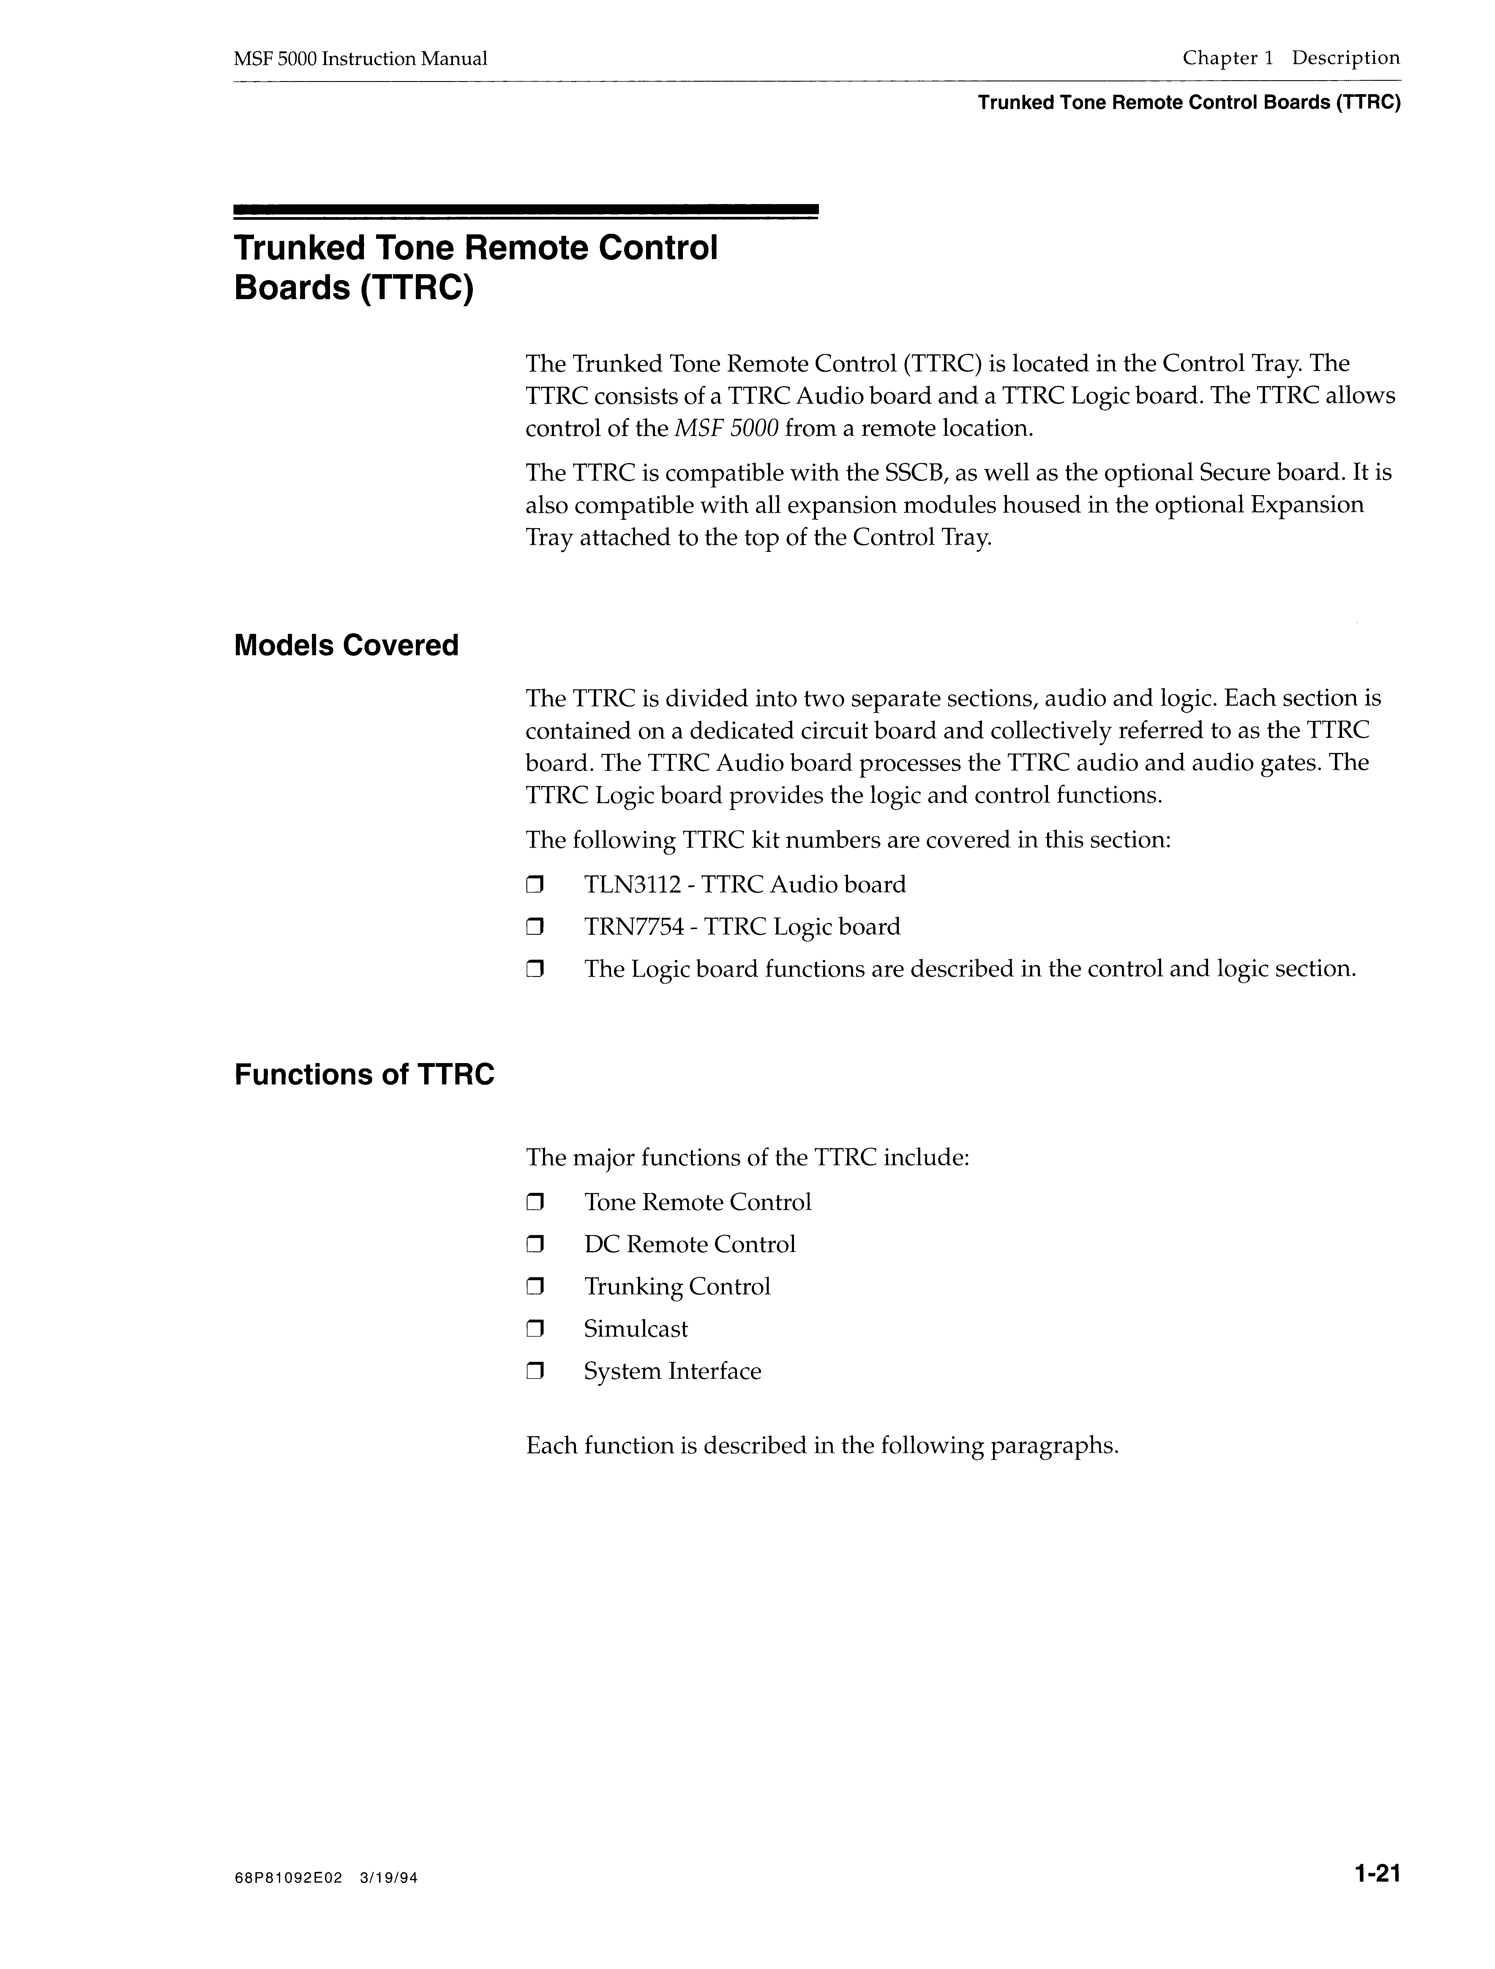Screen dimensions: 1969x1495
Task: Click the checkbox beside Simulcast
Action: [x=534, y=1330]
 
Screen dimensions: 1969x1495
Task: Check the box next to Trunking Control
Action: [x=534, y=1287]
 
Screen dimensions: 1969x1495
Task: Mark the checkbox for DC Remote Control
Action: [x=534, y=1245]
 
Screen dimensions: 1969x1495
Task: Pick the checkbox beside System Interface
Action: [x=534, y=1372]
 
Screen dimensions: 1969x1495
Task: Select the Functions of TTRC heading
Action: [x=364, y=1075]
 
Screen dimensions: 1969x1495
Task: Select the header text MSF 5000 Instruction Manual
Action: [x=361, y=59]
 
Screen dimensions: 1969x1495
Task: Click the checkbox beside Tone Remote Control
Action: [x=534, y=1204]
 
